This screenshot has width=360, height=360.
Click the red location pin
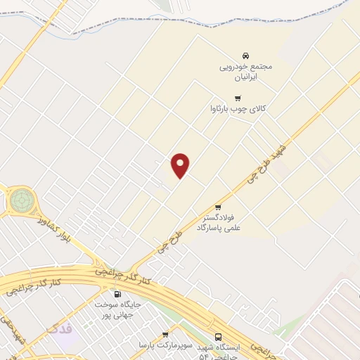pyautogui.click(x=181, y=165)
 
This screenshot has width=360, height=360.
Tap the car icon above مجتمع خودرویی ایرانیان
pyautogui.click(x=245, y=55)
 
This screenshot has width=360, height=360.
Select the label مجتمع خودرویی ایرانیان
pyautogui.click(x=245, y=70)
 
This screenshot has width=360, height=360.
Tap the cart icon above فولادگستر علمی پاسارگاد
pyautogui.click(x=218, y=207)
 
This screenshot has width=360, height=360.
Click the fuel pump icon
pyautogui.click(x=117, y=294)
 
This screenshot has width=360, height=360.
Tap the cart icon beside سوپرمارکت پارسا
pyautogui.click(x=165, y=334)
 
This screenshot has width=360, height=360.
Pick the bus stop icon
pyautogui.click(x=218, y=337)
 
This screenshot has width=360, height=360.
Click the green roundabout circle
pyautogui.click(x=21, y=200)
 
